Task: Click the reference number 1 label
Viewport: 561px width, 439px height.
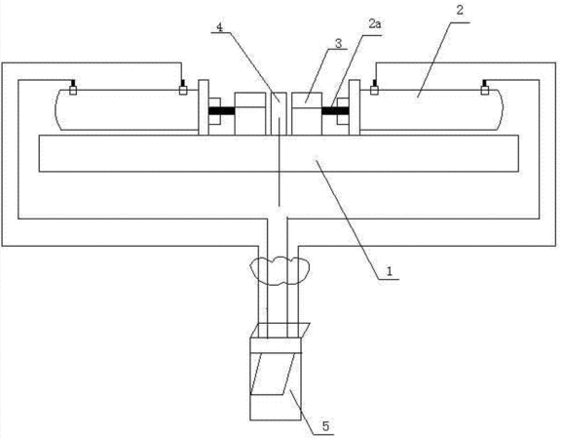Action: pos(390,271)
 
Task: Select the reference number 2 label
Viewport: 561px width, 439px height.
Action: pos(460,10)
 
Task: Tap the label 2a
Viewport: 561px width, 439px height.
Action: pos(375,24)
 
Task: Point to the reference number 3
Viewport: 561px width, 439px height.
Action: pos(338,43)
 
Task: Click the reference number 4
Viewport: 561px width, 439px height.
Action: pos(219,27)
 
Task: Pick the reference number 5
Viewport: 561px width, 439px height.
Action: pos(325,426)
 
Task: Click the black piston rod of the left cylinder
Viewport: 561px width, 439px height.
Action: pos(221,111)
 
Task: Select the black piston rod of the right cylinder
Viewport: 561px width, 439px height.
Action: pos(335,111)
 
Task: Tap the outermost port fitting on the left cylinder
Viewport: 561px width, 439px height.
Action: pos(73,88)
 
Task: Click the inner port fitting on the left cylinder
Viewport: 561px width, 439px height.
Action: pos(183,88)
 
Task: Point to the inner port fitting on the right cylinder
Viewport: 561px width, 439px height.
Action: pos(374,88)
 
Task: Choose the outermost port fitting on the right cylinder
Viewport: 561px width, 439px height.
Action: pos(485,88)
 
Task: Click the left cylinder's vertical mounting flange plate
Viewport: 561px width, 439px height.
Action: pos(204,107)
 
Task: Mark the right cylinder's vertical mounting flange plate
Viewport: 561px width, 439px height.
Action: pos(355,107)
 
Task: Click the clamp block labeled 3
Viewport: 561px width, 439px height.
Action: pos(307,114)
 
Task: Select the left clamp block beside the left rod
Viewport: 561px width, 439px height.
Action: pos(250,114)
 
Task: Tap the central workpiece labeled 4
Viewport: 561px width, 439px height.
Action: pos(279,114)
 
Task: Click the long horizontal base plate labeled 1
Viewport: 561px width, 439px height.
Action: pos(279,153)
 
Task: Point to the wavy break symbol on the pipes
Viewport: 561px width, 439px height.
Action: pos(280,270)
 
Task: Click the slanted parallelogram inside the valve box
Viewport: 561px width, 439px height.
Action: pos(274,374)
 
